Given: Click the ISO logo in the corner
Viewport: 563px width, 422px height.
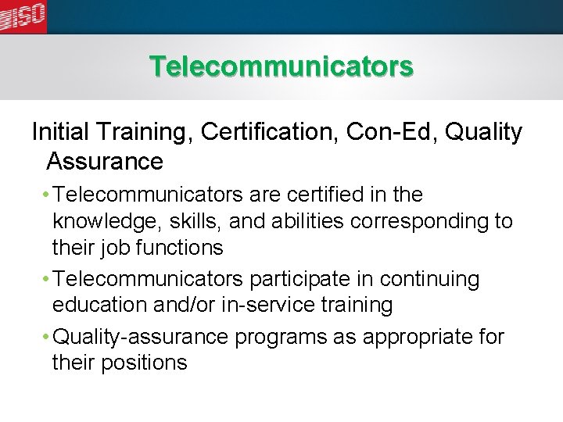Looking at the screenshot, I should point(23,16).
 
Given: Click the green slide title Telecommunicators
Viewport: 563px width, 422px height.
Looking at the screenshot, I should point(281,66).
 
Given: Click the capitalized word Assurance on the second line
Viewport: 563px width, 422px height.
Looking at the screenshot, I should point(105,161).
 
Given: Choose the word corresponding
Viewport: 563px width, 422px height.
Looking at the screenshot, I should point(421,221).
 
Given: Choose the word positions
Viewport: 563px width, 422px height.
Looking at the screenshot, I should point(148,363).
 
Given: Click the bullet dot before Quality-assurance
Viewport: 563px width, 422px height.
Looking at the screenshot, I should point(47,338).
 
